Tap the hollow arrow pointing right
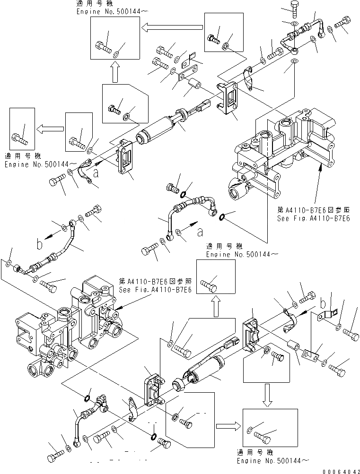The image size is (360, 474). coord(228,425)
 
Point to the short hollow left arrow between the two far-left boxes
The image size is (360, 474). coord(51,128)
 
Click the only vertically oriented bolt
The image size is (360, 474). coord(290,10)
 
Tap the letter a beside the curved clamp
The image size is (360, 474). coord(97,173)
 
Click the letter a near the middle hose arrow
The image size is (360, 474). coord(201,232)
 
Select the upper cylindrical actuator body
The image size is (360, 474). coord(159,130)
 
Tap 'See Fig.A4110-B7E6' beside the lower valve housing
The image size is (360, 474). coord(155,290)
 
